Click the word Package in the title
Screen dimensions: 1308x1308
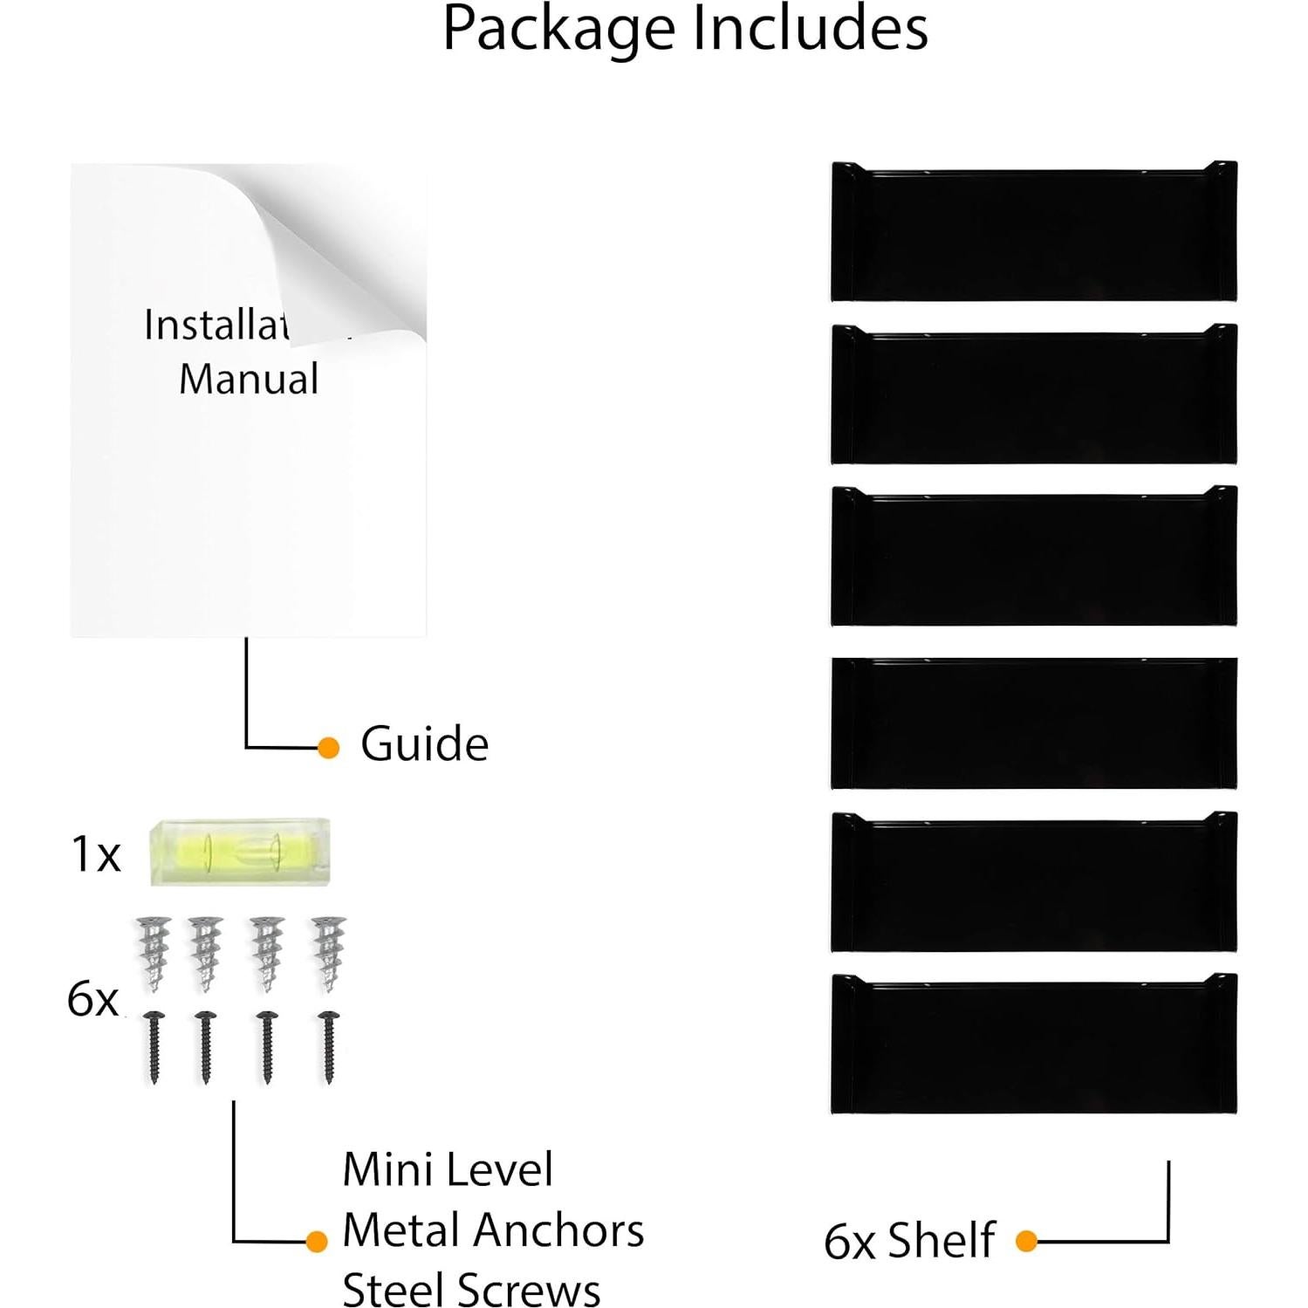[x=559, y=30]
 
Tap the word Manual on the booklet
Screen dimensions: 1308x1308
[x=249, y=380]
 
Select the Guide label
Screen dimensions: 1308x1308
[x=424, y=744]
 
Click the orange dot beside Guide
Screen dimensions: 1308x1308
[x=328, y=748]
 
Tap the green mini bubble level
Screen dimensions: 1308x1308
[x=240, y=852]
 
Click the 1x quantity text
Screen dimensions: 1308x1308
[x=95, y=853]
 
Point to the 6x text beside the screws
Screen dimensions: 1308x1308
[x=92, y=998]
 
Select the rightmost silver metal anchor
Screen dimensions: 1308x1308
[x=329, y=953]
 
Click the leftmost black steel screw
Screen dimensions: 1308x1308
[x=155, y=1046]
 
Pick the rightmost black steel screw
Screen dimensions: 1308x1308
[x=329, y=1046]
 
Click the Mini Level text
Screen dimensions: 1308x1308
[x=448, y=1169]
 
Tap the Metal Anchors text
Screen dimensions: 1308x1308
[x=493, y=1230]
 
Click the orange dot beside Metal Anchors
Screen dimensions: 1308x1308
[x=317, y=1241]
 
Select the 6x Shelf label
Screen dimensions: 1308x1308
[x=909, y=1240]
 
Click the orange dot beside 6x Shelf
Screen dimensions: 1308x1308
[x=1026, y=1241]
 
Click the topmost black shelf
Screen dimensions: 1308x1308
[x=1034, y=232]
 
